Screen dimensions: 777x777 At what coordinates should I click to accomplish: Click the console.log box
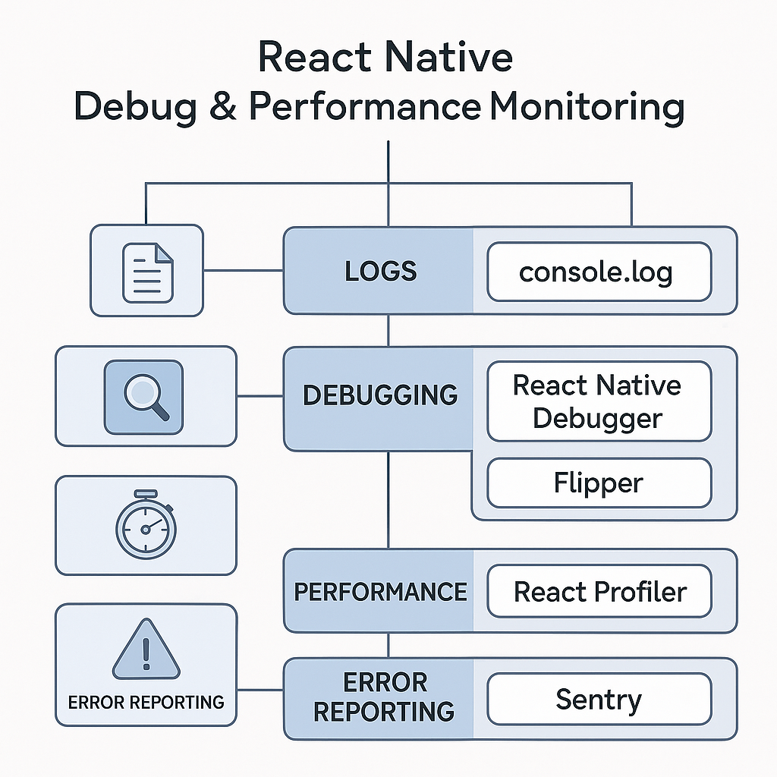(599, 272)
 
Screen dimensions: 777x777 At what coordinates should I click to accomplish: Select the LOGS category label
(380, 272)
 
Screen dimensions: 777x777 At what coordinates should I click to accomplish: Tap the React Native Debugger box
(599, 401)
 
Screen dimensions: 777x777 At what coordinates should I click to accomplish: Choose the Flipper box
(599, 483)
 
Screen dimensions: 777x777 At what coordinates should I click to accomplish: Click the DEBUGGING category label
(380, 395)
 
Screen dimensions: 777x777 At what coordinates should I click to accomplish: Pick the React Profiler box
(599, 592)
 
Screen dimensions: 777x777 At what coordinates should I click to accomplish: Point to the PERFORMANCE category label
(380, 592)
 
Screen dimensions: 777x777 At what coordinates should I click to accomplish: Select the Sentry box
(599, 699)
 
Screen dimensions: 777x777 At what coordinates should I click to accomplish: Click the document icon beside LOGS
(147, 270)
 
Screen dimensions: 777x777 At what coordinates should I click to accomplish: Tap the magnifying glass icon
(144, 395)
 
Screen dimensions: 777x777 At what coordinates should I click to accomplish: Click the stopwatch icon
(145, 525)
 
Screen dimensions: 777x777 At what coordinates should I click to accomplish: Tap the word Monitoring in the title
(587, 107)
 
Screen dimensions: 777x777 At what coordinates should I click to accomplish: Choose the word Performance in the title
(364, 107)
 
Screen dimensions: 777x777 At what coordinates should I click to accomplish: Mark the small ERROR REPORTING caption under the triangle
(146, 702)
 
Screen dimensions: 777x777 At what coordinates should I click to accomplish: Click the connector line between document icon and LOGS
(243, 270)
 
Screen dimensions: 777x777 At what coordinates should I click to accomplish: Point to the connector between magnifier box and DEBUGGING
(260, 395)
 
